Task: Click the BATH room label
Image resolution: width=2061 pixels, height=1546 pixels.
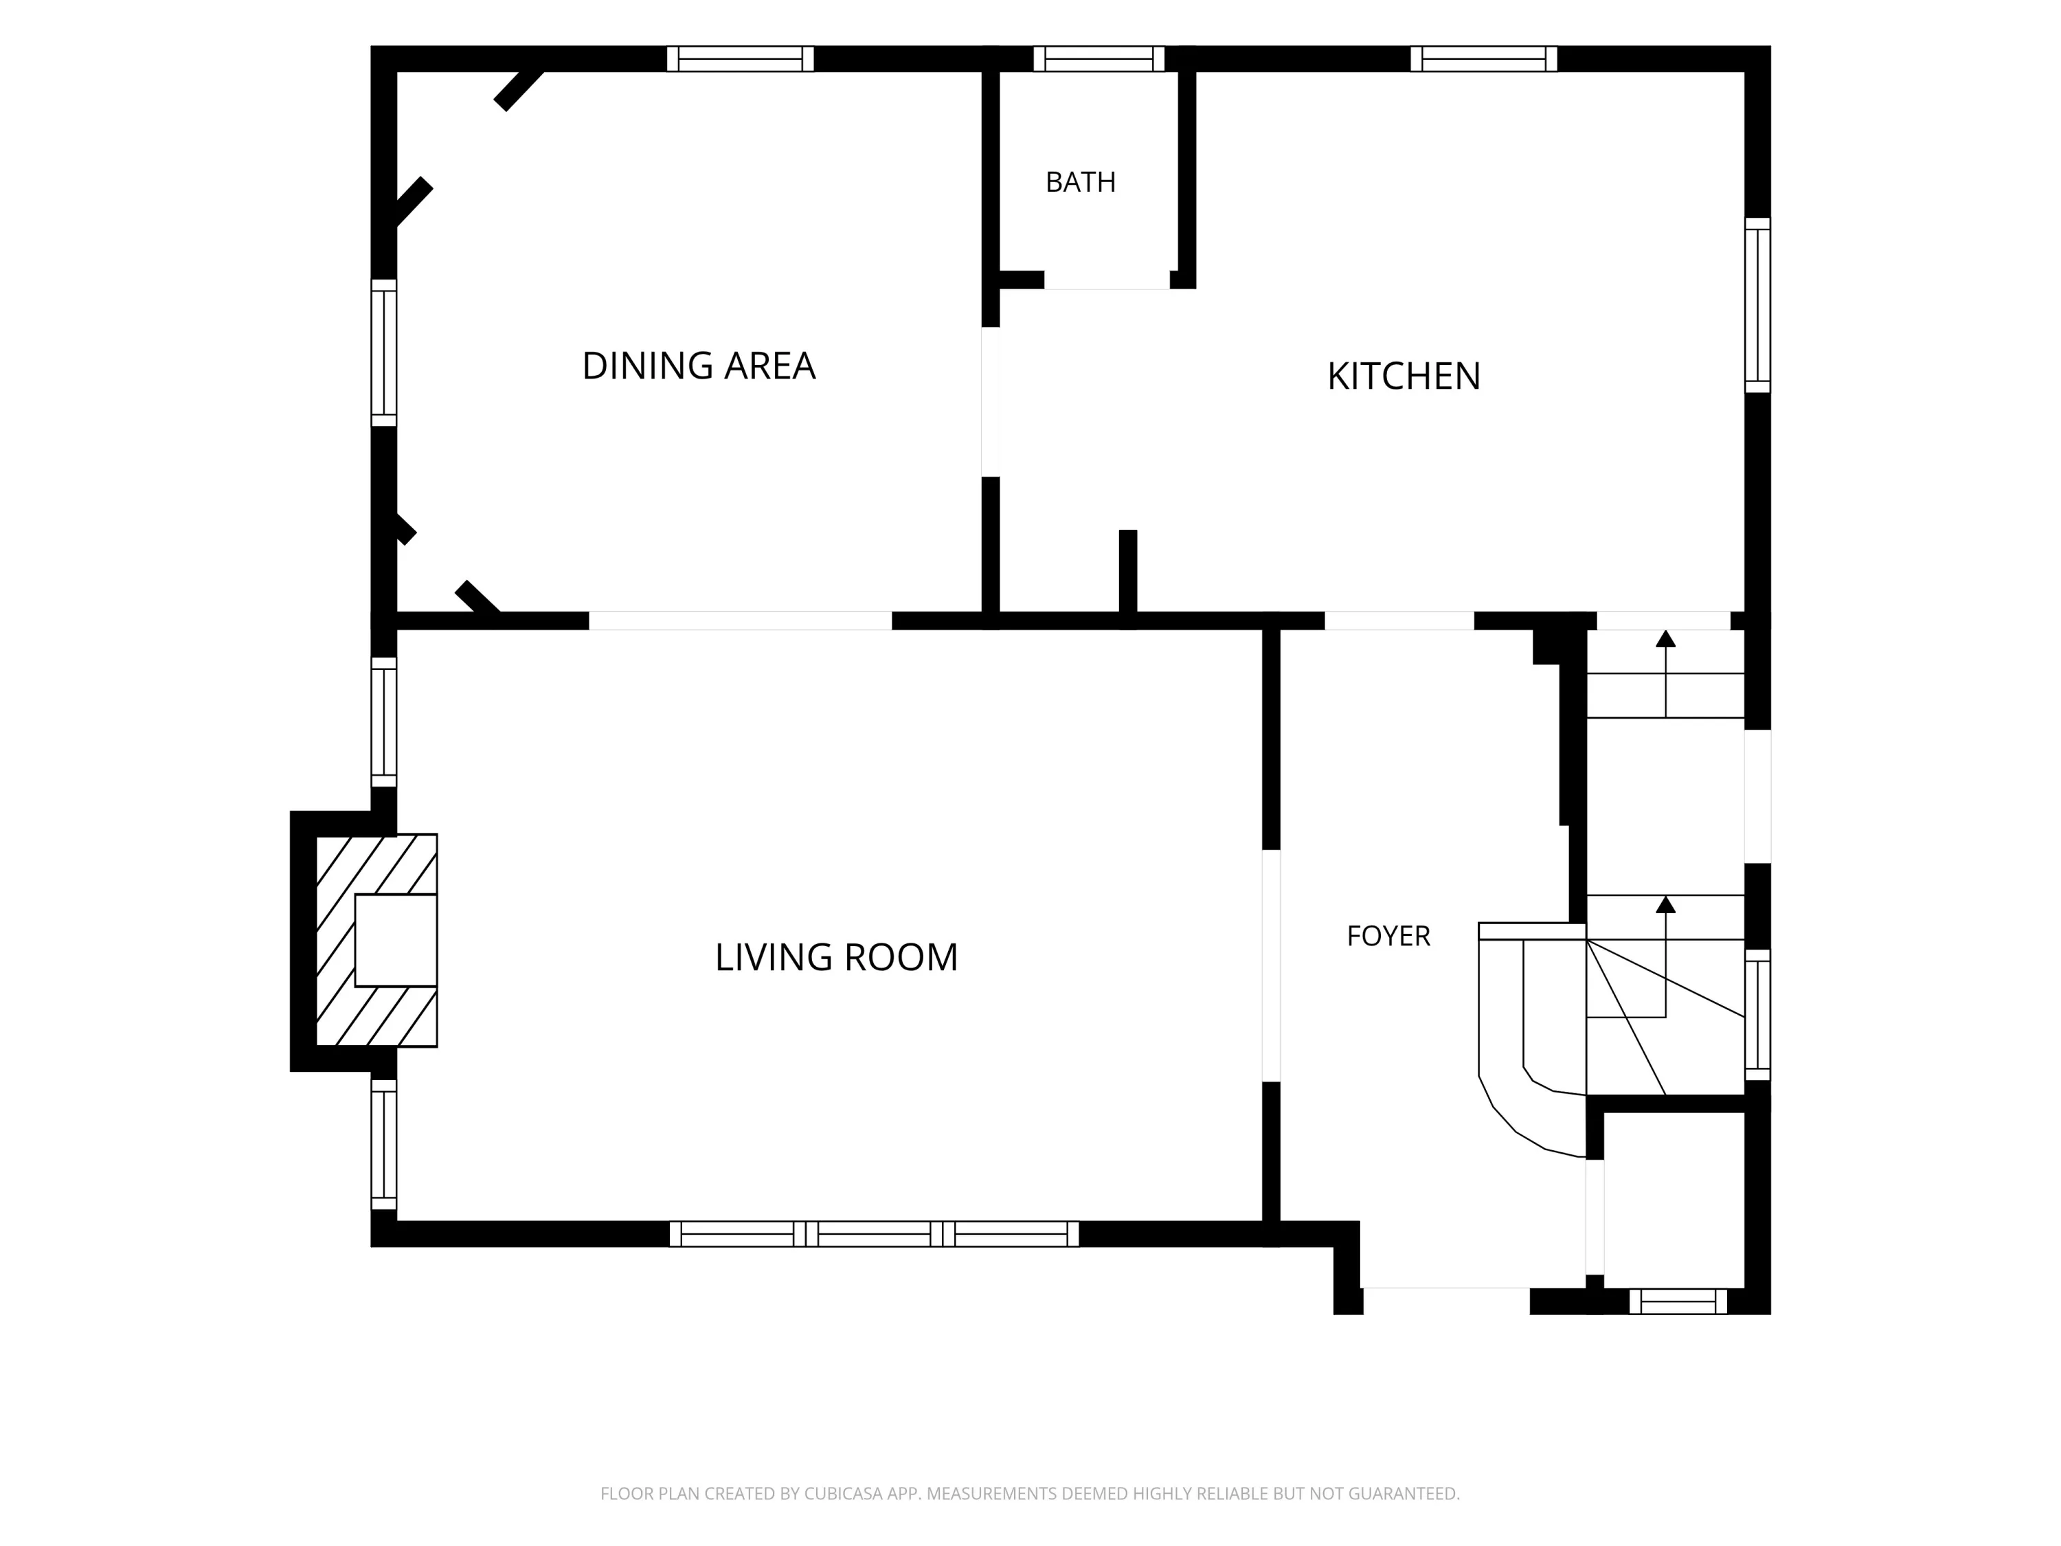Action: tap(1080, 181)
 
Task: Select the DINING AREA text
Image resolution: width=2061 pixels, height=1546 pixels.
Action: tap(699, 366)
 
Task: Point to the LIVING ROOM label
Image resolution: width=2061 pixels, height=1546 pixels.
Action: tap(836, 957)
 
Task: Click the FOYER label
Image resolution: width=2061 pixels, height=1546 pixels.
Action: tap(1388, 936)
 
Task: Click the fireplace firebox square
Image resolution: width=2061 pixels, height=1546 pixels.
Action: tap(396, 939)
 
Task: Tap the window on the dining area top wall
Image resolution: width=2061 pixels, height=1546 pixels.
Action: tap(741, 58)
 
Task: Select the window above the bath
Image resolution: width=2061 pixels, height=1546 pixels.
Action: tap(1099, 58)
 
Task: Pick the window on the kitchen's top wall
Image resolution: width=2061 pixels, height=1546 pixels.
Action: tap(1483, 58)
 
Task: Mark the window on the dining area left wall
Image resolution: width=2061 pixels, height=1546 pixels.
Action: tap(384, 352)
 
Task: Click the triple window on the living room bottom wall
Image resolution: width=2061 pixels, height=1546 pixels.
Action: tap(874, 1234)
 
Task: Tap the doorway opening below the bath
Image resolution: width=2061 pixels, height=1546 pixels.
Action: tap(1107, 280)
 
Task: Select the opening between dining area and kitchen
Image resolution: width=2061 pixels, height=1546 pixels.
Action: tap(991, 402)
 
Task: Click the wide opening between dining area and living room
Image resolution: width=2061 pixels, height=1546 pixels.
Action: tap(741, 620)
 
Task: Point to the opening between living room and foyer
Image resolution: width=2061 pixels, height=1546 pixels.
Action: tap(1271, 965)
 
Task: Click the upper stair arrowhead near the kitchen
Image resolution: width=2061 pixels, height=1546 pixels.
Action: tap(1666, 638)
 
